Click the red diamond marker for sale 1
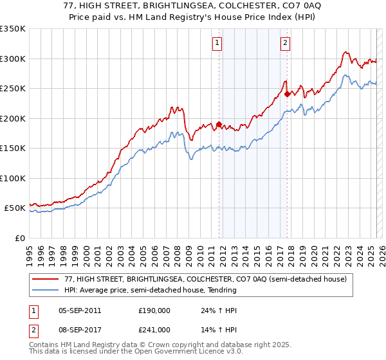(219, 124)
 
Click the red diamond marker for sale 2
(287, 94)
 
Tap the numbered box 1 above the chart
(217, 43)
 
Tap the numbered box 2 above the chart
(285, 43)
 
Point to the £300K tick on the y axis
(14, 59)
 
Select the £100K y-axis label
(14, 178)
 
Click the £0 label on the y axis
(19, 238)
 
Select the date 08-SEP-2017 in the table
(80, 329)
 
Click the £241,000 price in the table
(154, 329)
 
